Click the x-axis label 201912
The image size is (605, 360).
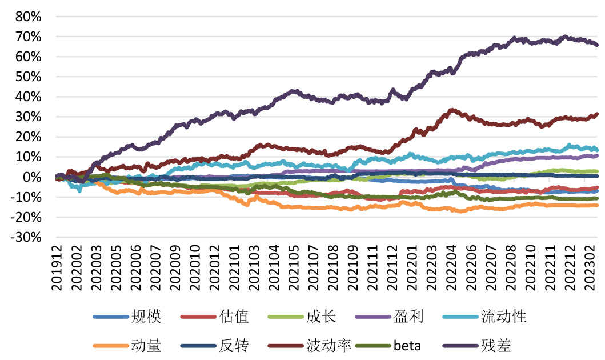coord(57,267)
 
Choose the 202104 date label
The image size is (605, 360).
coord(273,267)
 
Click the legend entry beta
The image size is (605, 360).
coord(408,346)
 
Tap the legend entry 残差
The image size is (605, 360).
coord(496,346)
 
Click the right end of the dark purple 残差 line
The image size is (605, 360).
coord(597,45)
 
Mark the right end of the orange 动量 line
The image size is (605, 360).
coord(597,205)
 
